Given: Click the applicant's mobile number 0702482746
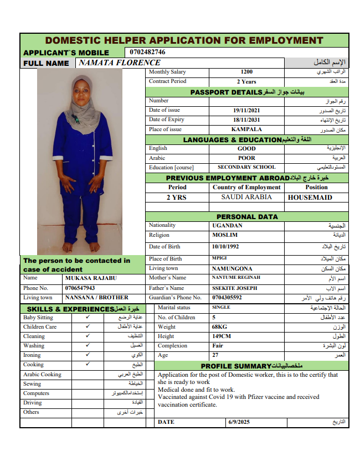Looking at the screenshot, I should click(147, 52).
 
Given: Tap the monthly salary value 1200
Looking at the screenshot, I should click(246, 72).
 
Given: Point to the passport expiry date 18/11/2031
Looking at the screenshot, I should click(246, 120).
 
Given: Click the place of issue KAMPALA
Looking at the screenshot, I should click(246, 129).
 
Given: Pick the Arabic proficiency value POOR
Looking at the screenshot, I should click(246, 158).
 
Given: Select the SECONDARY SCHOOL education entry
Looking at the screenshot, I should click(246, 167).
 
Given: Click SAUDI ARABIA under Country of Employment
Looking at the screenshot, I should click(246, 197).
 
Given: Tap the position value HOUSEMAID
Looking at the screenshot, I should click(310, 197).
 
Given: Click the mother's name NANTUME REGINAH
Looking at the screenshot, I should click(236, 277).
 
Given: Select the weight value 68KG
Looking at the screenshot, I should click(219, 327).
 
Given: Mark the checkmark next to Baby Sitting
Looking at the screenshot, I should click(88, 318).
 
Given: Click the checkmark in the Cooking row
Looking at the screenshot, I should click(88, 365).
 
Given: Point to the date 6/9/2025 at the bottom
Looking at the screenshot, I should click(239, 422).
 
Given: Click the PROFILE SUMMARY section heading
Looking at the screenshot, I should click(252, 366).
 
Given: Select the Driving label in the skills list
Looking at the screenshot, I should click(32, 403).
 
